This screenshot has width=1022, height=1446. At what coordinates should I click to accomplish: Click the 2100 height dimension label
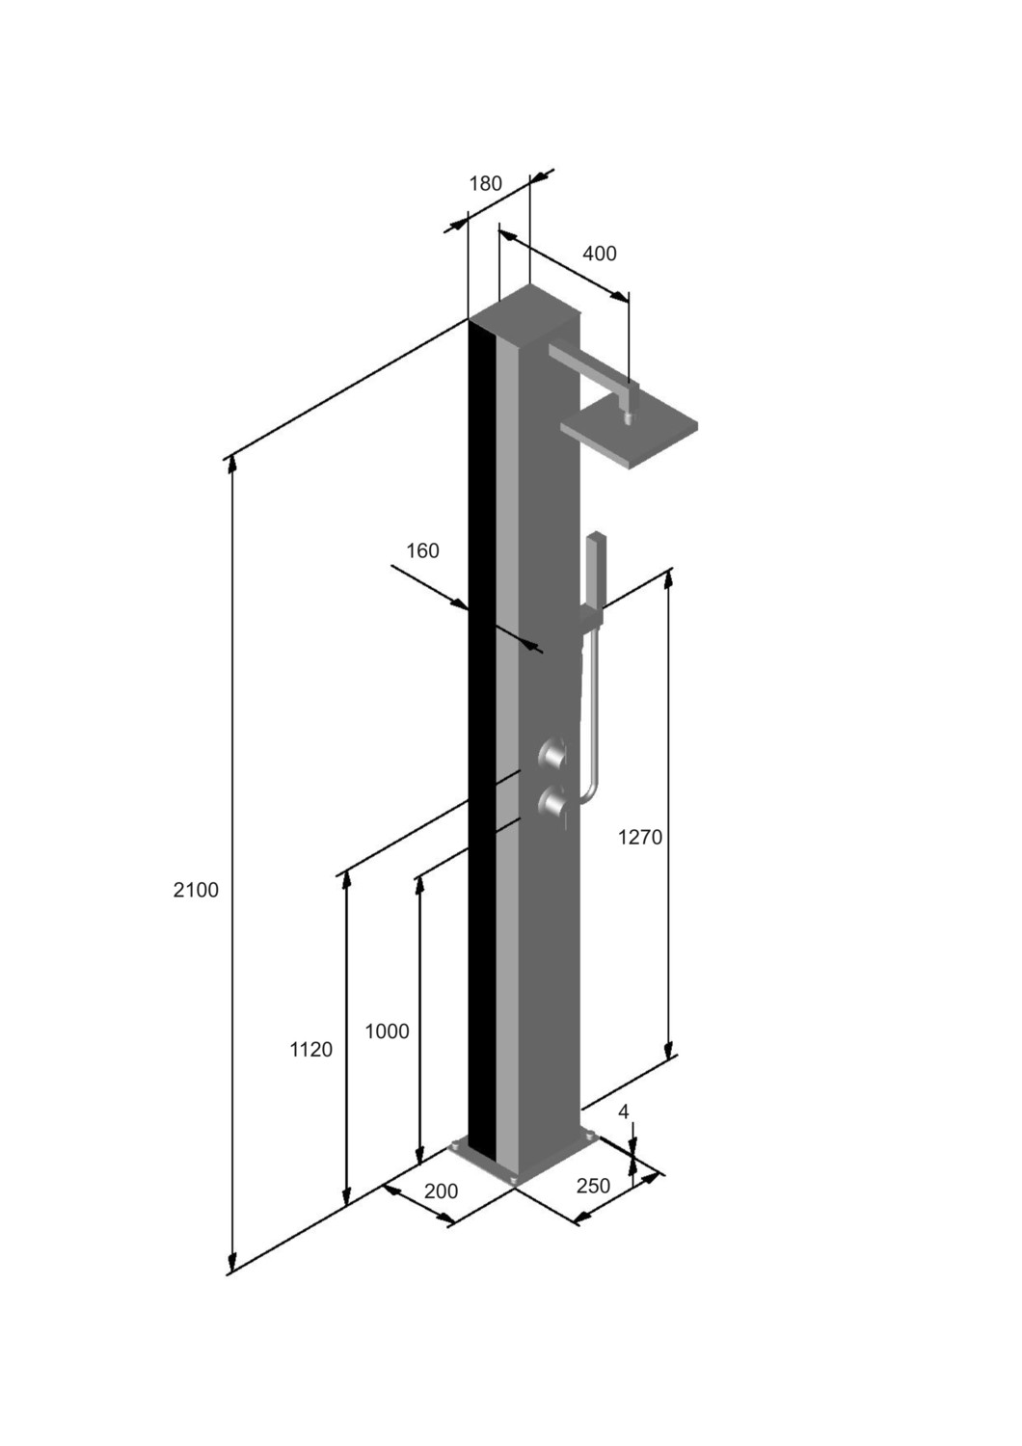pos(196,890)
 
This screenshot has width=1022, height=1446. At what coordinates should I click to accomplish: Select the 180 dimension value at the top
pos(485,184)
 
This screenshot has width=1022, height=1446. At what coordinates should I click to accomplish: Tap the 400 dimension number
pos(599,254)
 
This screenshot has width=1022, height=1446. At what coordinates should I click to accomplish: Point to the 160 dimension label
pos(422,550)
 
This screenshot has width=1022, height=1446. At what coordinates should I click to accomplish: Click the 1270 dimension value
pos(640,838)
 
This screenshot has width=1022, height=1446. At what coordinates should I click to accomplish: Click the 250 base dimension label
pos(593,1186)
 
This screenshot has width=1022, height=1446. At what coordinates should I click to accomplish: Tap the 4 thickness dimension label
pos(623,1111)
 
